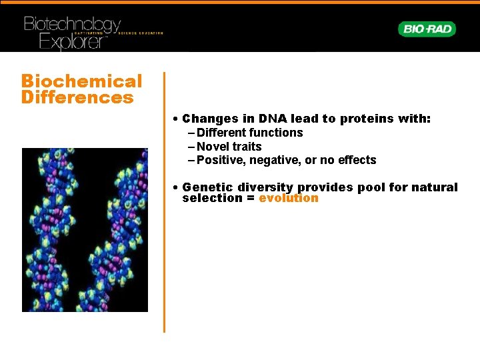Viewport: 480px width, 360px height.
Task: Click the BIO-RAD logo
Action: click(427, 29)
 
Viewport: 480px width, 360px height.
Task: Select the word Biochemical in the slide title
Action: click(81, 81)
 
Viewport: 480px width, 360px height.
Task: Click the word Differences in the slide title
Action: click(77, 98)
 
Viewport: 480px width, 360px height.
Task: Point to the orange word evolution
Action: click(289, 198)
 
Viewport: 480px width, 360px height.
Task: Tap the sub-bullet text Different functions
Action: click(250, 133)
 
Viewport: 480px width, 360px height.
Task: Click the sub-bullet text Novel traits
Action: click(229, 147)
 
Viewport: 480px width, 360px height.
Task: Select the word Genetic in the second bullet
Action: click(204, 187)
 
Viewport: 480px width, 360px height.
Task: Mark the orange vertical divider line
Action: click(164, 200)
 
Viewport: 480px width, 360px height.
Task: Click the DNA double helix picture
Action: click(85, 230)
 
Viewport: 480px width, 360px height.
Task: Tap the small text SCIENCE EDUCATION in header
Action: click(141, 33)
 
